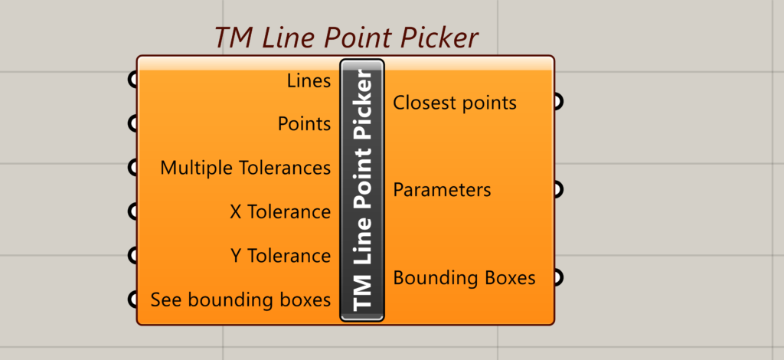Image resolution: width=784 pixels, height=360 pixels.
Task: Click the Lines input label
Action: coord(309,80)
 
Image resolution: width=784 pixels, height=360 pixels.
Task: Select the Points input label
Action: coord(304,124)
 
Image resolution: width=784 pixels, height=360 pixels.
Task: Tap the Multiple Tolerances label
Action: coord(245,168)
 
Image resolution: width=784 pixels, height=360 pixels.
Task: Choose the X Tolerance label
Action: coord(280,212)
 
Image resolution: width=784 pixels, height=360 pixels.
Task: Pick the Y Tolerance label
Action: coord(280,256)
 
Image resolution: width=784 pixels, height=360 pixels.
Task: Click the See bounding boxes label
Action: coord(240,300)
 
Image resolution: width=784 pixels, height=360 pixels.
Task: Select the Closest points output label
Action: coord(455,103)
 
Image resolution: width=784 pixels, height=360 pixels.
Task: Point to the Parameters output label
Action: coord(442,190)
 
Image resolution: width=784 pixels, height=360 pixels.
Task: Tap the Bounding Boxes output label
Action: coord(465,277)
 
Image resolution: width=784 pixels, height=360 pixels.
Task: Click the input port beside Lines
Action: coord(132,80)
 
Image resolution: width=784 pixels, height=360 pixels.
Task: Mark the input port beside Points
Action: coord(132,123)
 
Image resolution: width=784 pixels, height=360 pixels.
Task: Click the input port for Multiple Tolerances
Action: coord(132,168)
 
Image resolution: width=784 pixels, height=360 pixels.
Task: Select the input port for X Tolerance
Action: coord(132,211)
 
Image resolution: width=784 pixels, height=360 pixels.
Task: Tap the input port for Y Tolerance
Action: coord(132,256)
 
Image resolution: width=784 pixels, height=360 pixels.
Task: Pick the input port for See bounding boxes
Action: coord(132,299)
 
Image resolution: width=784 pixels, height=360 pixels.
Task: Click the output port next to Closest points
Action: coord(559,102)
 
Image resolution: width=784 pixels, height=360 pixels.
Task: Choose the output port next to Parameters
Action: coord(559,189)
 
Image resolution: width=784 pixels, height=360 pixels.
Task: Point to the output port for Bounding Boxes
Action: coord(559,277)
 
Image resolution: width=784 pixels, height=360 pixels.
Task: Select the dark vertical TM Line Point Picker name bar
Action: coord(362,190)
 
